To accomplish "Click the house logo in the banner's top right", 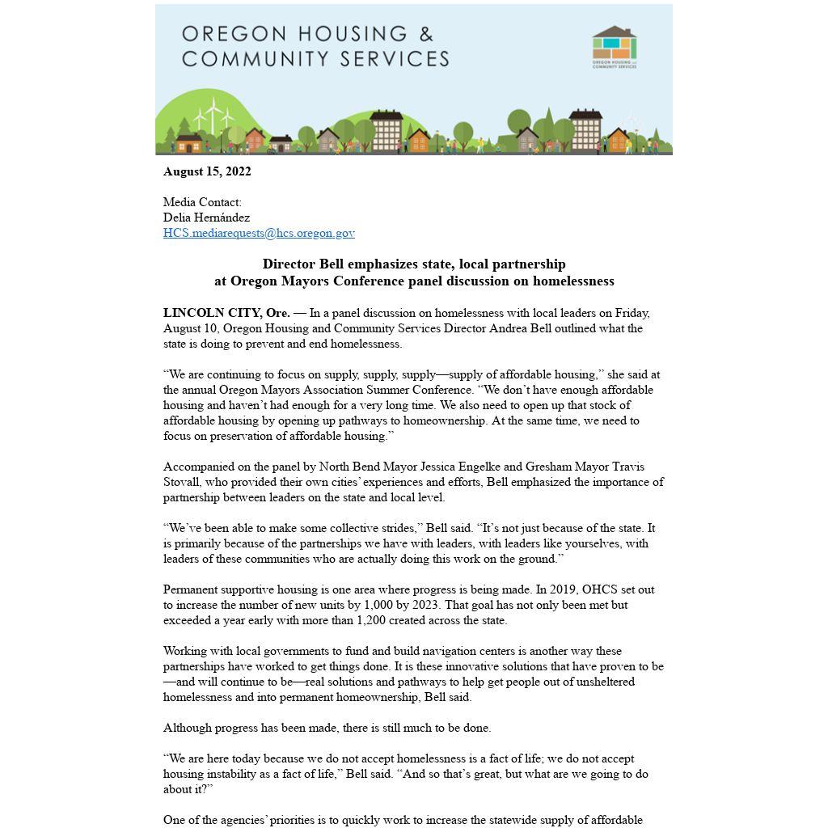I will point(615,46).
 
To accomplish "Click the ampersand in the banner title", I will point(425,35).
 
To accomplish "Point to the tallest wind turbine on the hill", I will point(213,116).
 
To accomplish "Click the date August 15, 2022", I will point(207,171).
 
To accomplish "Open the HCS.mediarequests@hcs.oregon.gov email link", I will point(259,233).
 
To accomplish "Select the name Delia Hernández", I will point(206,218).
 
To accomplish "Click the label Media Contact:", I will point(202,202).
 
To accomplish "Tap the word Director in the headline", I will point(289,264).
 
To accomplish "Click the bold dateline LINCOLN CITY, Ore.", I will point(226,313).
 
